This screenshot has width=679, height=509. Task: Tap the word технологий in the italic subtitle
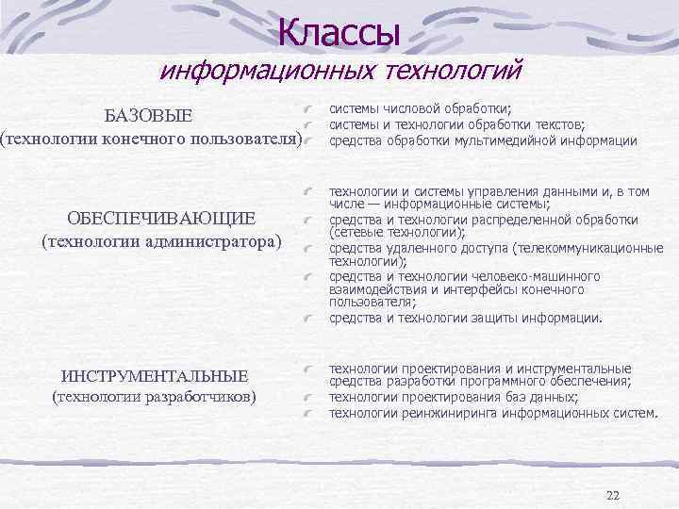[x=452, y=71]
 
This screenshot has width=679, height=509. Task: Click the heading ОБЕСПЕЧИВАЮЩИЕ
[x=161, y=220]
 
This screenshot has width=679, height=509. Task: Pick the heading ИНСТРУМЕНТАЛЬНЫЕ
[x=155, y=375]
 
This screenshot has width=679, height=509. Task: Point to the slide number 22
[x=613, y=495]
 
